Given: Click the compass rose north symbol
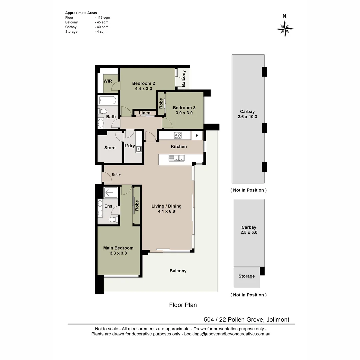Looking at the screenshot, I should [285, 28].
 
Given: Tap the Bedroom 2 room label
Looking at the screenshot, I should [143, 83].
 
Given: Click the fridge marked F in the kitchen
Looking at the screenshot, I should [197, 135].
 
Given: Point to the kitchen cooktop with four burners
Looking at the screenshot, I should [178, 135].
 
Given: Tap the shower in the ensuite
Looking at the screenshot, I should [110, 192].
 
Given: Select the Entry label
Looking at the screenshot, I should [116, 174].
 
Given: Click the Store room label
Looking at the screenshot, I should [110, 148].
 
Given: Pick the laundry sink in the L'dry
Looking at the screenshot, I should [138, 149].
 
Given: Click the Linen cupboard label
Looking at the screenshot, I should [145, 113].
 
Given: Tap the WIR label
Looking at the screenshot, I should [108, 81].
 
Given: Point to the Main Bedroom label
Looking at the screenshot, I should [118, 248].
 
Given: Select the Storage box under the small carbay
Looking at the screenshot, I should [247, 276].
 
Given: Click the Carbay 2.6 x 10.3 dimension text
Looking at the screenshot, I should [248, 117].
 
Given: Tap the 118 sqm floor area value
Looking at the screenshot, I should [103, 17].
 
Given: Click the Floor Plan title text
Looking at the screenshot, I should [183, 305].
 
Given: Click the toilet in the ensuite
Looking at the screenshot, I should [113, 219].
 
